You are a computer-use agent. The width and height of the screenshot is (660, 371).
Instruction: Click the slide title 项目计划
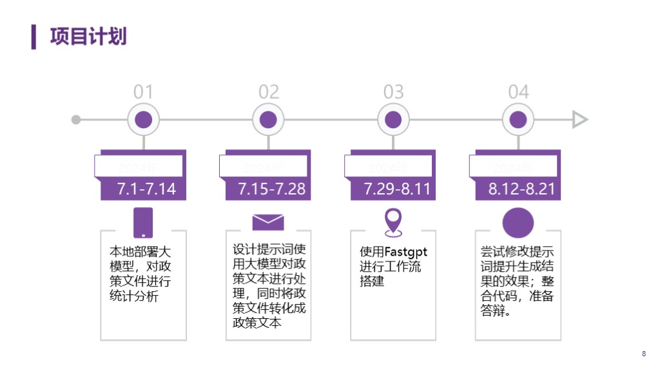[88, 36]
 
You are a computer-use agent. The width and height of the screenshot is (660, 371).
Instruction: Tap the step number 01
[143, 92]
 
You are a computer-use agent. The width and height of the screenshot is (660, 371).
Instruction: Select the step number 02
[268, 92]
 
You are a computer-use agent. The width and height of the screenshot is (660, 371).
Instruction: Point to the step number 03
[393, 92]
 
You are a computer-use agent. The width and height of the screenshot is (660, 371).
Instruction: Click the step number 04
[518, 92]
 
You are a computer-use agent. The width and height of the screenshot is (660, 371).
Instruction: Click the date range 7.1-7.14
[146, 189]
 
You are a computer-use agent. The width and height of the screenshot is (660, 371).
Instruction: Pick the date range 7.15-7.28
[271, 189]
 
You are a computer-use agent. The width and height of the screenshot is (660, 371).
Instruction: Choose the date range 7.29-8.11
[396, 189]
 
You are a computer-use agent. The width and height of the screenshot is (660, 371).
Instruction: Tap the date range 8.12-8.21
[521, 189]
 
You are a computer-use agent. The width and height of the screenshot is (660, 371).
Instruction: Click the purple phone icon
[143, 223]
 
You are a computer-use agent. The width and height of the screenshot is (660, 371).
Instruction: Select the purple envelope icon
[268, 222]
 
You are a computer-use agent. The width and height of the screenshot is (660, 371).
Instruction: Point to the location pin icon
[393, 222]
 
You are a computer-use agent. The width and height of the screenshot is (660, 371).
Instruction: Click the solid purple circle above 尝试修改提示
[518, 223]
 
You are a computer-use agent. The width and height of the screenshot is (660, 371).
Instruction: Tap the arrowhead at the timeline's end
[580, 120]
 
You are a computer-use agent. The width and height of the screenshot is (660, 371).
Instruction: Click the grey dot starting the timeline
[76, 120]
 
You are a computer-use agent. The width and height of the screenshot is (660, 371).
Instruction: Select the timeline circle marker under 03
[393, 120]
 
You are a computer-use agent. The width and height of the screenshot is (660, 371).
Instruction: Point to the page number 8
[643, 354]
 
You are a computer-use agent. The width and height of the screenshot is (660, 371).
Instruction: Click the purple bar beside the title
[34, 36]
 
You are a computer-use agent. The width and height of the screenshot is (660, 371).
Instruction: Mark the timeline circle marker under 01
[143, 120]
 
